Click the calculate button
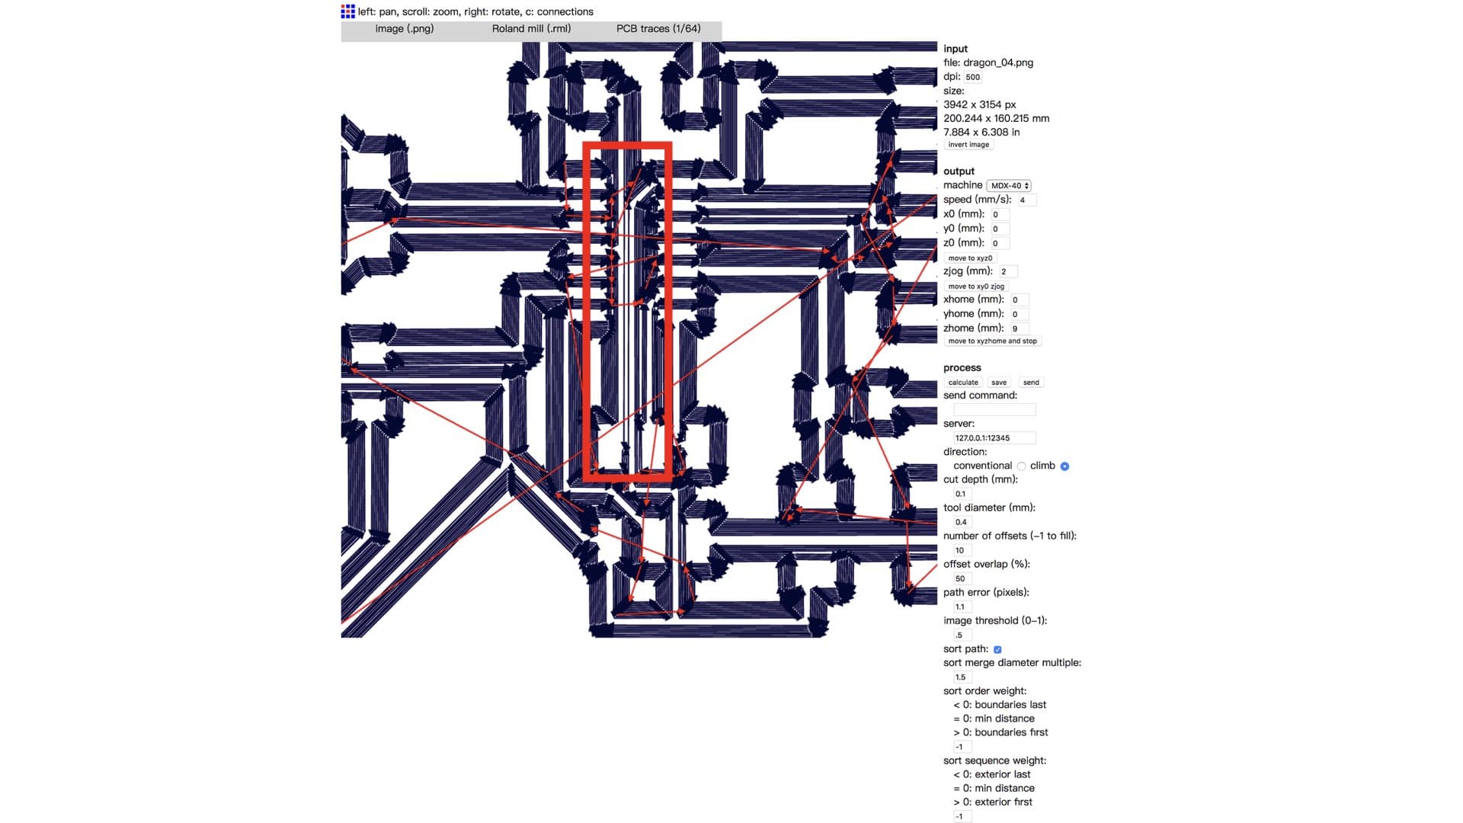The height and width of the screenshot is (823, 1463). (963, 383)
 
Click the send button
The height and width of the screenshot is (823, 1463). (1030, 383)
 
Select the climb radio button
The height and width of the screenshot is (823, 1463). (1064, 466)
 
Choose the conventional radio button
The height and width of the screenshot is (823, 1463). (1021, 466)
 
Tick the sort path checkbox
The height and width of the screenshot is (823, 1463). (997, 650)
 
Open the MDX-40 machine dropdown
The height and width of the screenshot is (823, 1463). (1010, 186)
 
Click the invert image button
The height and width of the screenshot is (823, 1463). (968, 145)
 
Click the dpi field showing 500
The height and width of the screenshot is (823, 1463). (973, 77)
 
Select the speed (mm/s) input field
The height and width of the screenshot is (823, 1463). (1026, 200)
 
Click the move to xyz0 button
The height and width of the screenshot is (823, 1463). (970, 258)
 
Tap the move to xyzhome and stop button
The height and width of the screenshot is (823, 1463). (992, 341)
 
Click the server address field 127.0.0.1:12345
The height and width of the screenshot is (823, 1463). (994, 438)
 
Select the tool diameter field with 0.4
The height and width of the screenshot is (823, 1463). (962, 523)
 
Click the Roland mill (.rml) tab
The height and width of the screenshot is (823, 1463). (531, 29)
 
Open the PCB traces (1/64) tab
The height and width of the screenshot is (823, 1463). (658, 29)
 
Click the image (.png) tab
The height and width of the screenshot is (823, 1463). (405, 29)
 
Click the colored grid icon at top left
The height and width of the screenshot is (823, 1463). (348, 11)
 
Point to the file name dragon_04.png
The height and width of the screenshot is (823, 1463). (997, 62)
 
